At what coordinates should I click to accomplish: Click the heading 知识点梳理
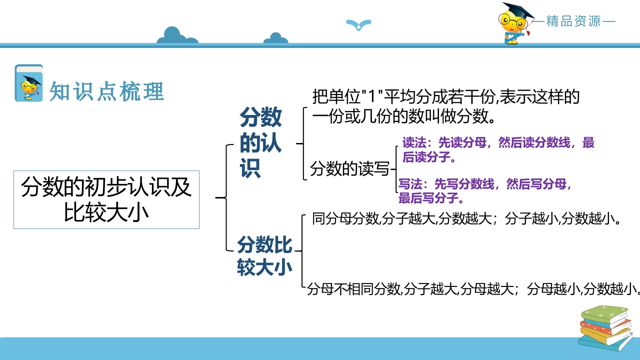coord(107,91)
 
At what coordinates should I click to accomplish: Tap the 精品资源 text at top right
coord(573,21)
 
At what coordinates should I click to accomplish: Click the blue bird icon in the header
coord(358,24)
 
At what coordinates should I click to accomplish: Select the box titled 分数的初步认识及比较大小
coord(106,199)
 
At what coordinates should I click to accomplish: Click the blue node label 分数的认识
coord(260,142)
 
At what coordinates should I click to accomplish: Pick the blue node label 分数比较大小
coord(264,256)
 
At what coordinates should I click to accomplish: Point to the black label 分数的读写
coord(349,168)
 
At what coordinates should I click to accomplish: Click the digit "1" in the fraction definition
coord(371,96)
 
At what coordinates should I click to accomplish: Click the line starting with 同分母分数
coord(466,218)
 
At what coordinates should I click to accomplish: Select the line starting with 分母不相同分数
coord(473,288)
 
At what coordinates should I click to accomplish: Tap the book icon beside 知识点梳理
coord(29,83)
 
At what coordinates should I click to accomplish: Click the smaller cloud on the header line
coord(275,38)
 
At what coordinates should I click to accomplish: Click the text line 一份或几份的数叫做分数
coord(403,116)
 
